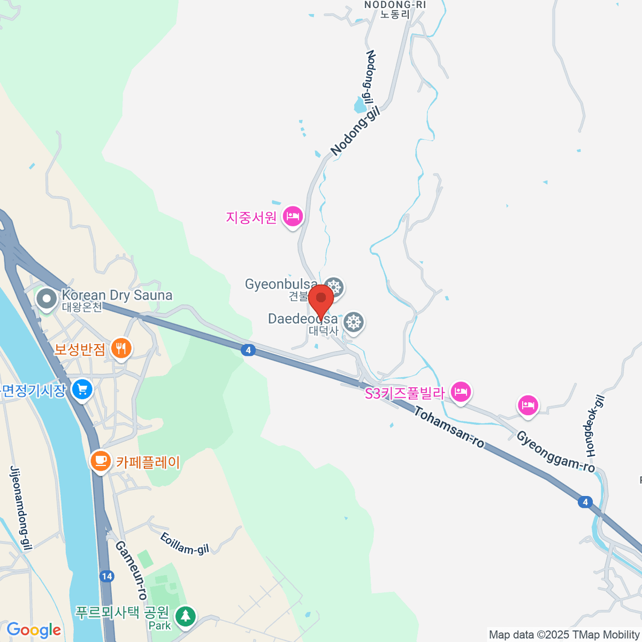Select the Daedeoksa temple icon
[353, 322]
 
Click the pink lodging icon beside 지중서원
[293, 216]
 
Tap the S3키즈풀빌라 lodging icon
[461, 392]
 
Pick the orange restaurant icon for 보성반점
[121, 349]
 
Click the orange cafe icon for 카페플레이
[100, 461]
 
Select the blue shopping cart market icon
[82, 389]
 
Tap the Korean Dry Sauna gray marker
[47, 299]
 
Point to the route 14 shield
[106, 576]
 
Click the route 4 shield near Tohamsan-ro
[247, 350]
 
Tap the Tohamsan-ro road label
[448, 427]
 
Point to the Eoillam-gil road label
[185, 542]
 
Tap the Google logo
[34, 630]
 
